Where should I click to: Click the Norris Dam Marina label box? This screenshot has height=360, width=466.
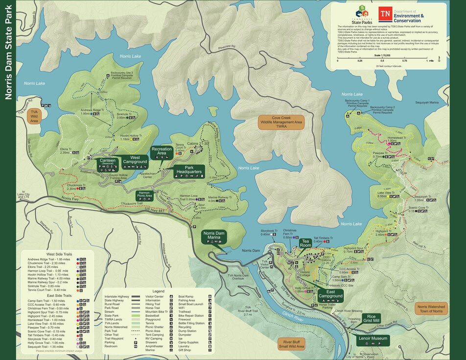click(216, 237)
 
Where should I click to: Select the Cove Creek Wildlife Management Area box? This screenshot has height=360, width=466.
click(281, 122)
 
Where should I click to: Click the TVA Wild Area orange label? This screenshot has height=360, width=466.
click(34, 116)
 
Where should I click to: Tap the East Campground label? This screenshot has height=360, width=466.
click(330, 296)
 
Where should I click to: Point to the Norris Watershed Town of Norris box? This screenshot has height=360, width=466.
click(431, 309)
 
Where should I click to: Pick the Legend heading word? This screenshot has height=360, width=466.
click(158, 291)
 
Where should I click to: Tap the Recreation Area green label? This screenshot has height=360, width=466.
click(162, 151)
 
